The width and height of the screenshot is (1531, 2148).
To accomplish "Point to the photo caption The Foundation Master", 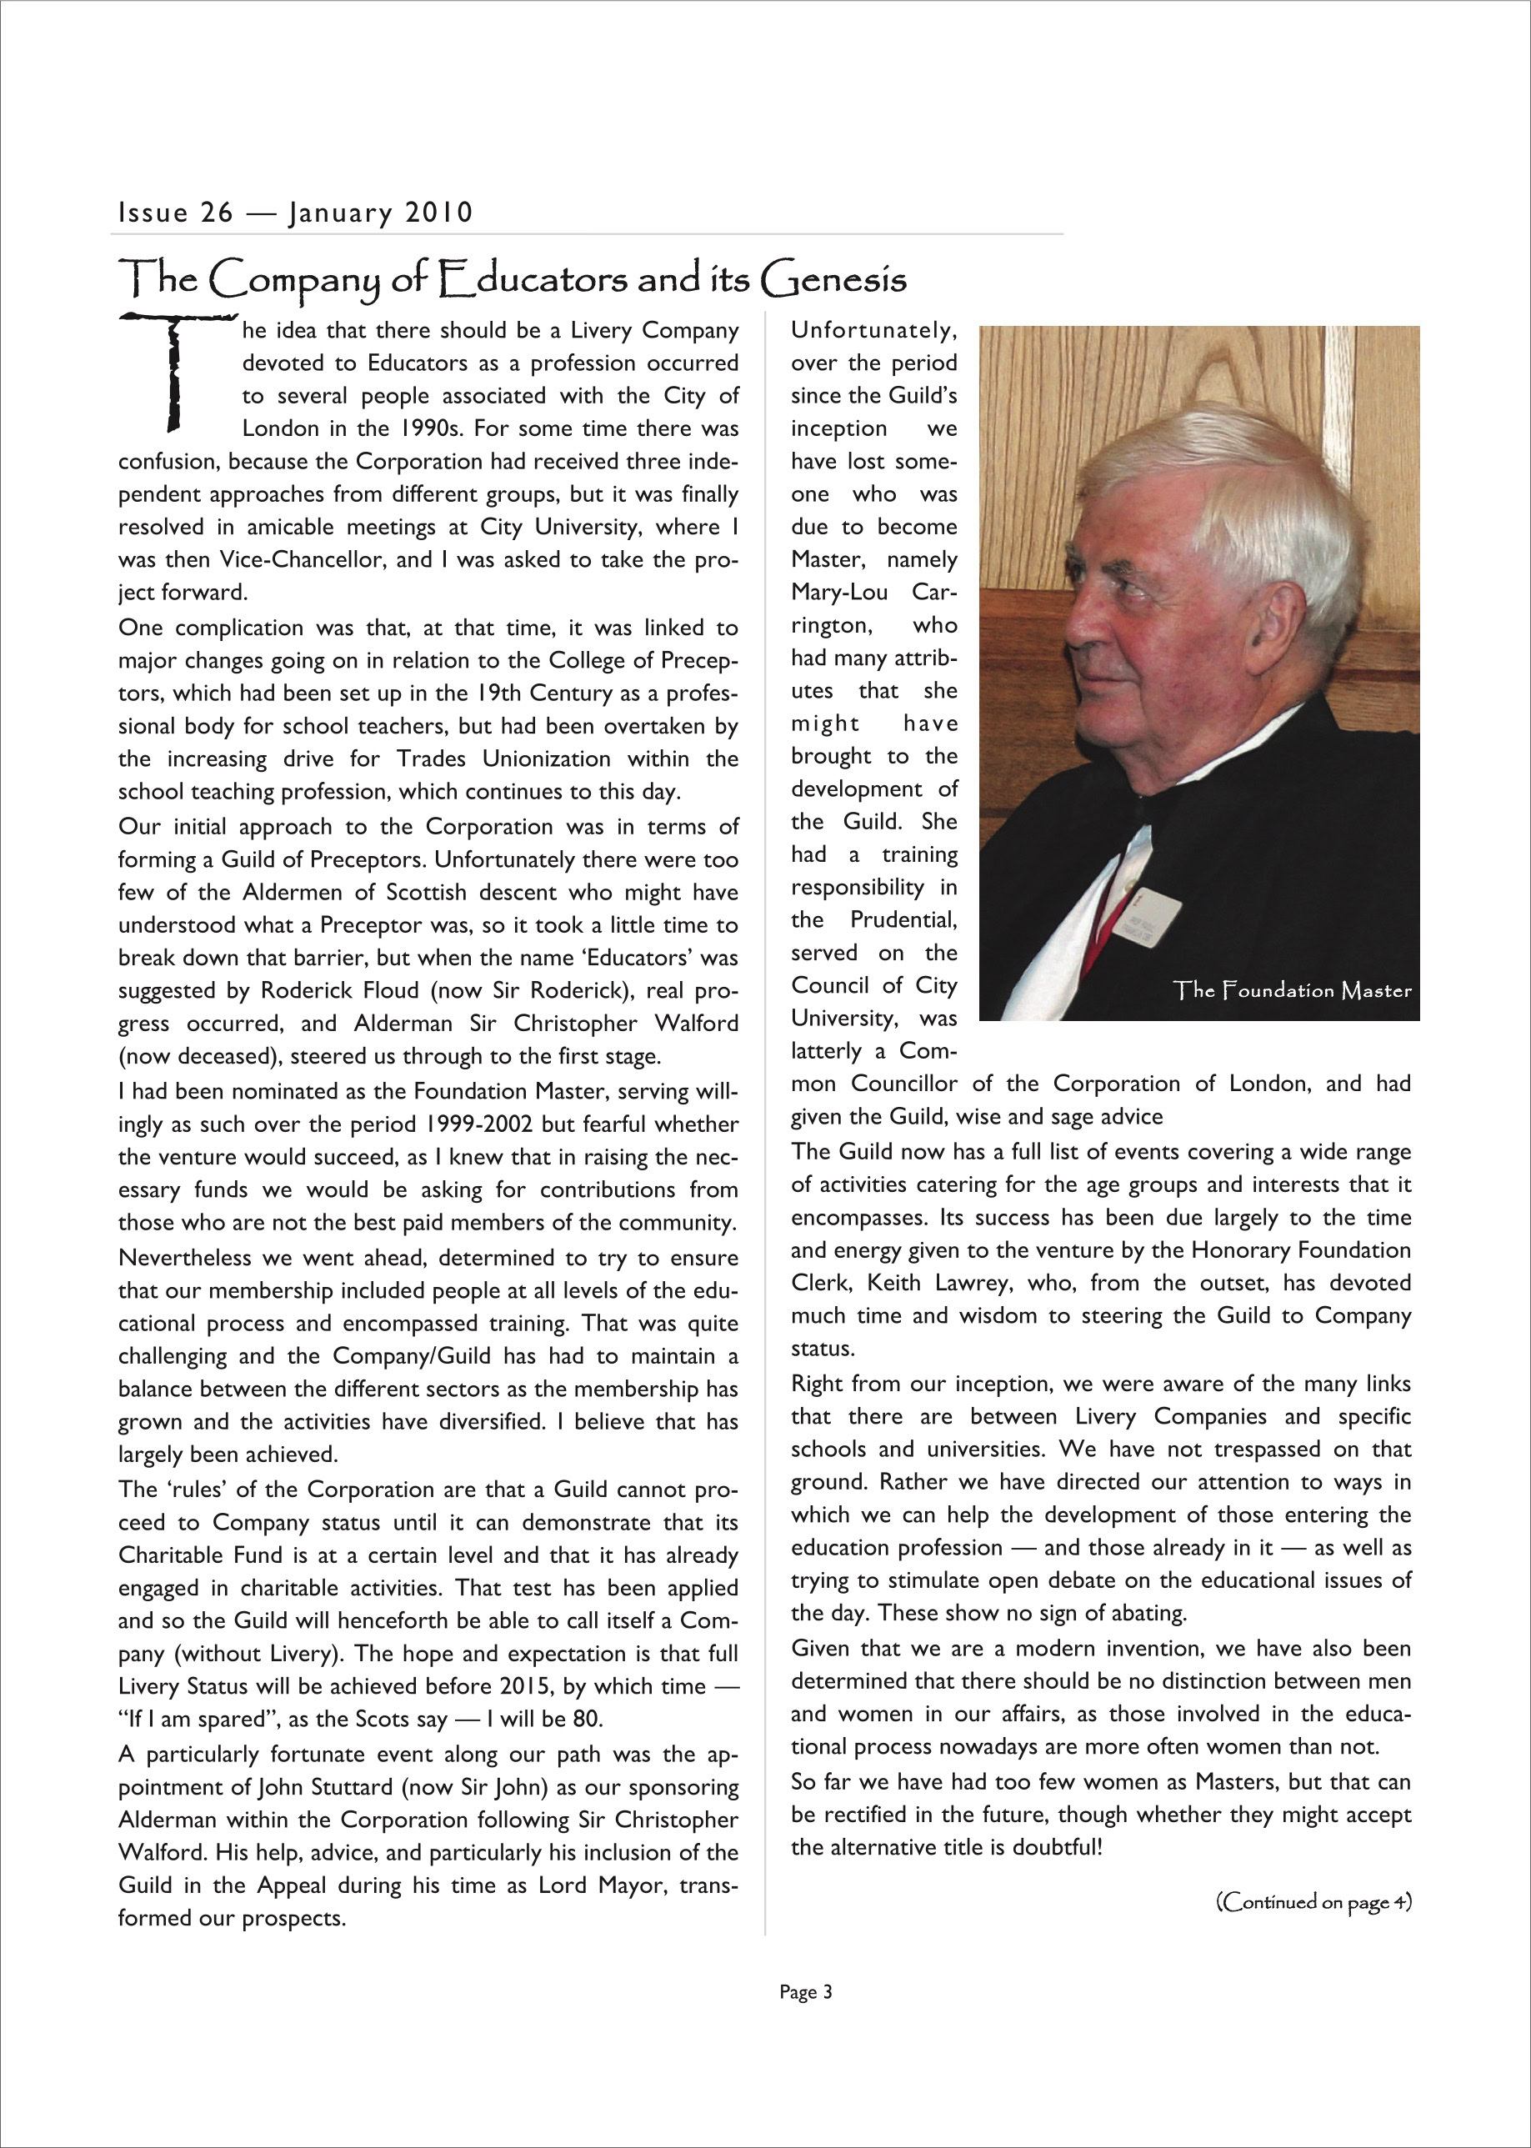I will (x=1293, y=990).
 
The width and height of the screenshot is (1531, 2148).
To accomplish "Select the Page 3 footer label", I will (x=806, y=1992).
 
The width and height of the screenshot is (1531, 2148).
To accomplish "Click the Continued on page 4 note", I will (x=1314, y=1902).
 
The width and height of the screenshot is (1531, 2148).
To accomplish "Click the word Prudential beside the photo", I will (x=903, y=919).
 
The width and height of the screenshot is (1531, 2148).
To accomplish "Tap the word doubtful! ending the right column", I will (x=1057, y=1847).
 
